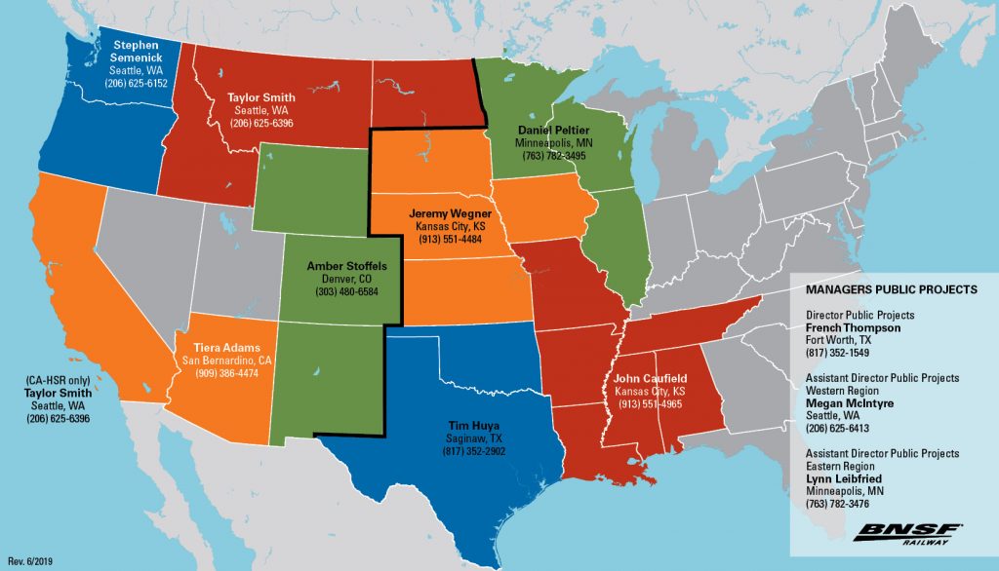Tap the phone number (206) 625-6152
(x=138, y=85)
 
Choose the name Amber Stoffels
(x=346, y=266)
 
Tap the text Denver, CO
(x=346, y=279)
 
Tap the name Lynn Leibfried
(x=845, y=479)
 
